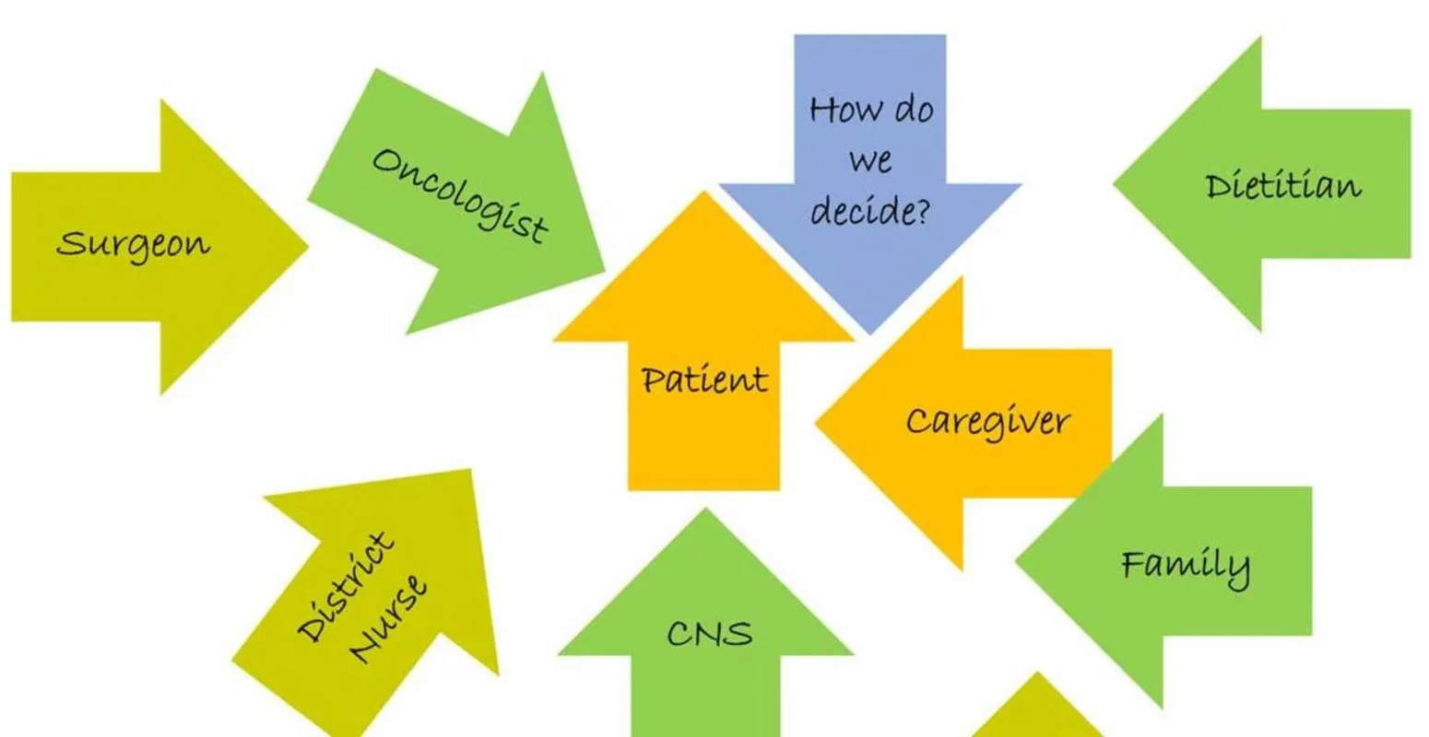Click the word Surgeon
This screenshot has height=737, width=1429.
coord(133,245)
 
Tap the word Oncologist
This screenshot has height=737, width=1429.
coord(459,194)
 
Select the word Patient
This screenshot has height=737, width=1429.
coord(704,380)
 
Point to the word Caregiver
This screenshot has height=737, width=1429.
coord(987,423)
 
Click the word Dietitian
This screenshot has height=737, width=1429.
coord(1282,186)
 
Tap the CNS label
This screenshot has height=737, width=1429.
coord(709,634)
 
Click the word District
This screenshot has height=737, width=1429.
coord(346,585)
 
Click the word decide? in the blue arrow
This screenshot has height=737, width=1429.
coord(870,212)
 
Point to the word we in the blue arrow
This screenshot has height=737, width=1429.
coord(870,162)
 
